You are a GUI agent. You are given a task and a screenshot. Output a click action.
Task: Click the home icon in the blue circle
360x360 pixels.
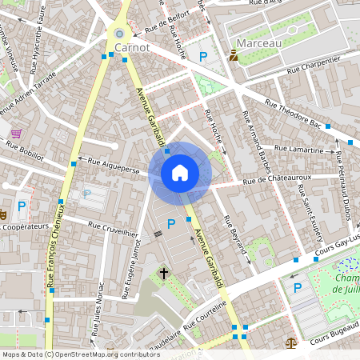point(180,173)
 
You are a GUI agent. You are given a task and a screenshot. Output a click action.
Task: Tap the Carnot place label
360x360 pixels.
point(132,48)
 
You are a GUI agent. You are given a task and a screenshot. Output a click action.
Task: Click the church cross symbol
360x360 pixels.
point(164,274)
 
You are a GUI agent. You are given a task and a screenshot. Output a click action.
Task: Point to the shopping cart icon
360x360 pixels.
point(16,134)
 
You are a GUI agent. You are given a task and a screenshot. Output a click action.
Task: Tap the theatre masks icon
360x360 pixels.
point(3,214)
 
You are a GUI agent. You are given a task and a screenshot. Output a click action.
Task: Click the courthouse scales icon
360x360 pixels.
point(290,342)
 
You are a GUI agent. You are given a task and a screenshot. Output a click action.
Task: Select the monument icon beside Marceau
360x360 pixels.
point(234,55)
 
